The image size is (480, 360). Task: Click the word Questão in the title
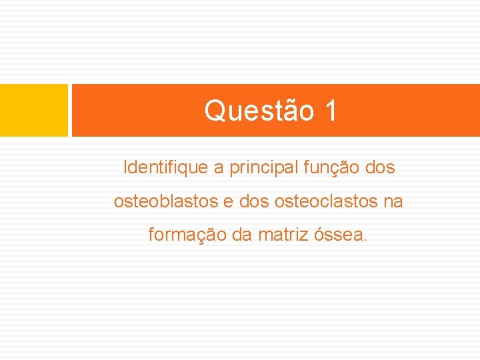click(x=259, y=111)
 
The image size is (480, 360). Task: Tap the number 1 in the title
click(x=331, y=111)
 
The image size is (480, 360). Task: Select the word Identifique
click(x=165, y=168)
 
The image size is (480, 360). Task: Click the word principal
click(x=264, y=168)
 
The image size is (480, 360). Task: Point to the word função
click(x=332, y=168)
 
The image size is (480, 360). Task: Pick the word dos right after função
click(x=381, y=168)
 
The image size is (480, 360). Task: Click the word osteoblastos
click(x=165, y=201)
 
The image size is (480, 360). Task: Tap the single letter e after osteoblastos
click(x=227, y=201)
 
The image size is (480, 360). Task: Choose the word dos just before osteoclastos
click(x=253, y=201)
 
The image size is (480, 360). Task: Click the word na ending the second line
click(x=393, y=201)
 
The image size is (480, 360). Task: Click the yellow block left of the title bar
click(x=34, y=110)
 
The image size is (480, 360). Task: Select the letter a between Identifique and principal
click(x=219, y=169)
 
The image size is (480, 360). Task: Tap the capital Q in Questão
click(x=215, y=111)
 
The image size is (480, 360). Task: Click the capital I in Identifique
click(x=125, y=168)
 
